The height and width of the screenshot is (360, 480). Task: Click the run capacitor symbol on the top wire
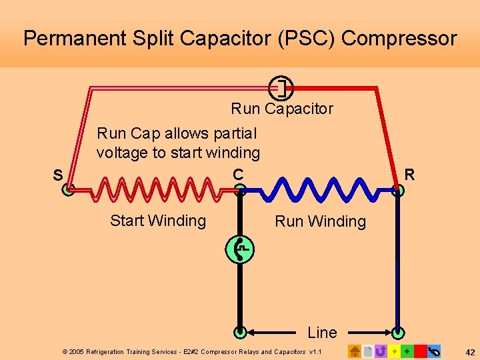pos(281,87)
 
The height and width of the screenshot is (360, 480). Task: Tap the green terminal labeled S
pos(69,189)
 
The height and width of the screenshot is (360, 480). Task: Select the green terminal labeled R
pos(399,189)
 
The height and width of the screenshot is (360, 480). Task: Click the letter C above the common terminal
pos(238,174)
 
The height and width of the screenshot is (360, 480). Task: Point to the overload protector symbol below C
pos(240,249)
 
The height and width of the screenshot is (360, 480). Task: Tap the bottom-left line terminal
pos(241,331)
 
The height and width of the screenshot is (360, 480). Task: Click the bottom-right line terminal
pos(399,331)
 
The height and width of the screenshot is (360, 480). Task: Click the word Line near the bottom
pos(322,331)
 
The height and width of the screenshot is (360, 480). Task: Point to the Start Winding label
pos(158,221)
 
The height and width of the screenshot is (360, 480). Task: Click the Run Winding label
pos(320,221)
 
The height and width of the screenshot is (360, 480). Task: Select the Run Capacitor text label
pos(282,109)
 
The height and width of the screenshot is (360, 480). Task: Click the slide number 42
pos(469,351)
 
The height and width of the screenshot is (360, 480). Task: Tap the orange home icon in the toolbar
pos(355,351)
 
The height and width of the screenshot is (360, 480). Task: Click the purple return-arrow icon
pos(381,351)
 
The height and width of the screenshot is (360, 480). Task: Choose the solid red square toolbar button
pos(420,351)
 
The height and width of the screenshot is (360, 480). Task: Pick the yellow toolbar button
pos(394,351)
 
